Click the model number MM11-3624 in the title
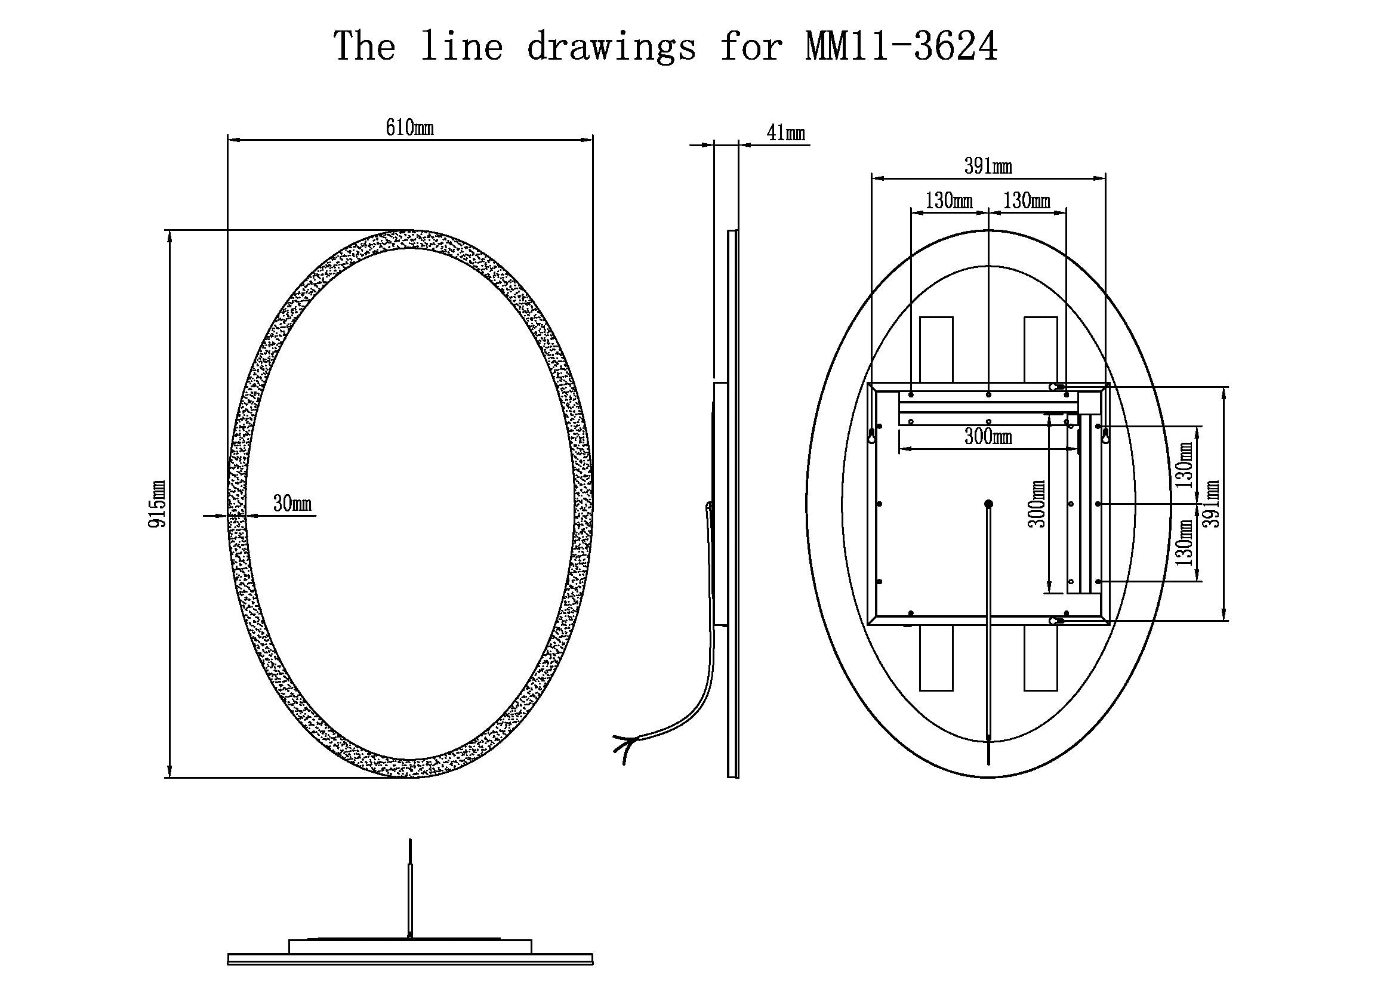click(901, 46)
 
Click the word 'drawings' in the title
click(611, 47)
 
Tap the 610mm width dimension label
click(410, 128)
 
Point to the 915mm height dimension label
click(157, 504)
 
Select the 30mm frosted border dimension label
click(292, 503)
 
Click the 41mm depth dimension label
click(785, 132)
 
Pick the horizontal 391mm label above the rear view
click(988, 166)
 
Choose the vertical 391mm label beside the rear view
click(1211, 504)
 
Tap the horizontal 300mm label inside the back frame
click(988, 436)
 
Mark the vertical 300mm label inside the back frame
click(1037, 504)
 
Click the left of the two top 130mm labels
click(949, 201)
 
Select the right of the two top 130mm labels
click(1027, 201)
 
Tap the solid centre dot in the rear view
click(988, 504)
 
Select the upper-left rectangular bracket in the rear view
click(936, 350)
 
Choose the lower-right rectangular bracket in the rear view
click(1041, 658)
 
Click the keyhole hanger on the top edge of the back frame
click(1057, 387)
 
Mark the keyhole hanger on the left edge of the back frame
click(872, 434)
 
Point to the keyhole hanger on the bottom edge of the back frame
click(1057, 621)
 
